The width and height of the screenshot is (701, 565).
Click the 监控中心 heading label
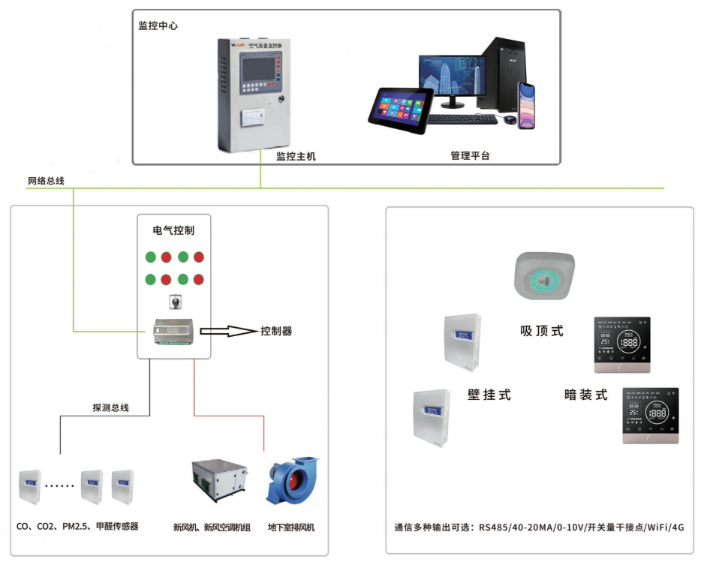[x=158, y=26]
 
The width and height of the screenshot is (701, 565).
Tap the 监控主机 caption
[x=296, y=156]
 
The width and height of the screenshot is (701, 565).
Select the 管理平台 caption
[x=470, y=156]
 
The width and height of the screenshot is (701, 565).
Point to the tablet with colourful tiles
[x=401, y=110]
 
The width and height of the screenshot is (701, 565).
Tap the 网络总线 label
[x=46, y=181]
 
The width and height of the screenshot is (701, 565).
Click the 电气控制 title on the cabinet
[x=173, y=230]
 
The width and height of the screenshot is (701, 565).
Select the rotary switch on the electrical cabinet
[x=173, y=303]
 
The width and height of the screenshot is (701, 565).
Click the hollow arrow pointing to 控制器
[x=228, y=330]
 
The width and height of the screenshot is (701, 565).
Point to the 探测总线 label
[x=110, y=407]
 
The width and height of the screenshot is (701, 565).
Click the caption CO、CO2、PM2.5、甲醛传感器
[x=77, y=527]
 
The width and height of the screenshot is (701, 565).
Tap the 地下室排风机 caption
[x=291, y=527]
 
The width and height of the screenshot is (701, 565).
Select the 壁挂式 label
[x=489, y=395]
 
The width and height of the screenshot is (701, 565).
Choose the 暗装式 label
[x=585, y=395]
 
